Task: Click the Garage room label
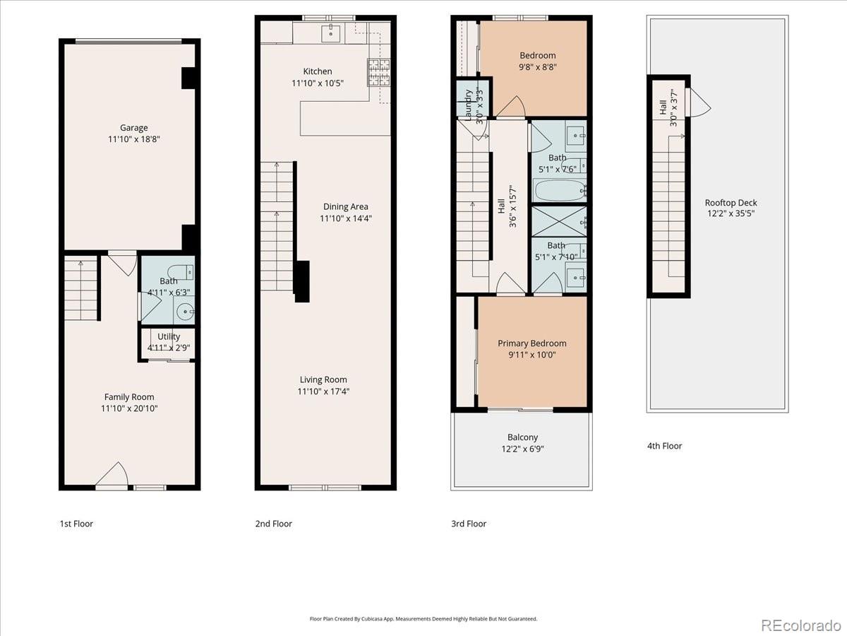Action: pos(133,128)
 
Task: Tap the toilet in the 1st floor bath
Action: pos(184,271)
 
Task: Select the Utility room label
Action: pos(169,336)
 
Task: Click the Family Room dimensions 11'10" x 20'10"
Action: pos(129,408)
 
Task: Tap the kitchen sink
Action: pos(330,33)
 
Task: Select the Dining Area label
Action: pos(346,207)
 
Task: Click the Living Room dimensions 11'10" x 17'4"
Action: pos(323,391)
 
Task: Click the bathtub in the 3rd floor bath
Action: pos(560,190)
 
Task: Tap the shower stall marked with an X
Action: pos(558,221)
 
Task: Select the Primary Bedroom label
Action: pos(532,343)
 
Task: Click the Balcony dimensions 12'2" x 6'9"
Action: pos(522,449)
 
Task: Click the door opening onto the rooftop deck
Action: pos(699,105)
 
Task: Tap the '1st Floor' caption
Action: pos(76,524)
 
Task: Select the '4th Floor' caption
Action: pos(665,446)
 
